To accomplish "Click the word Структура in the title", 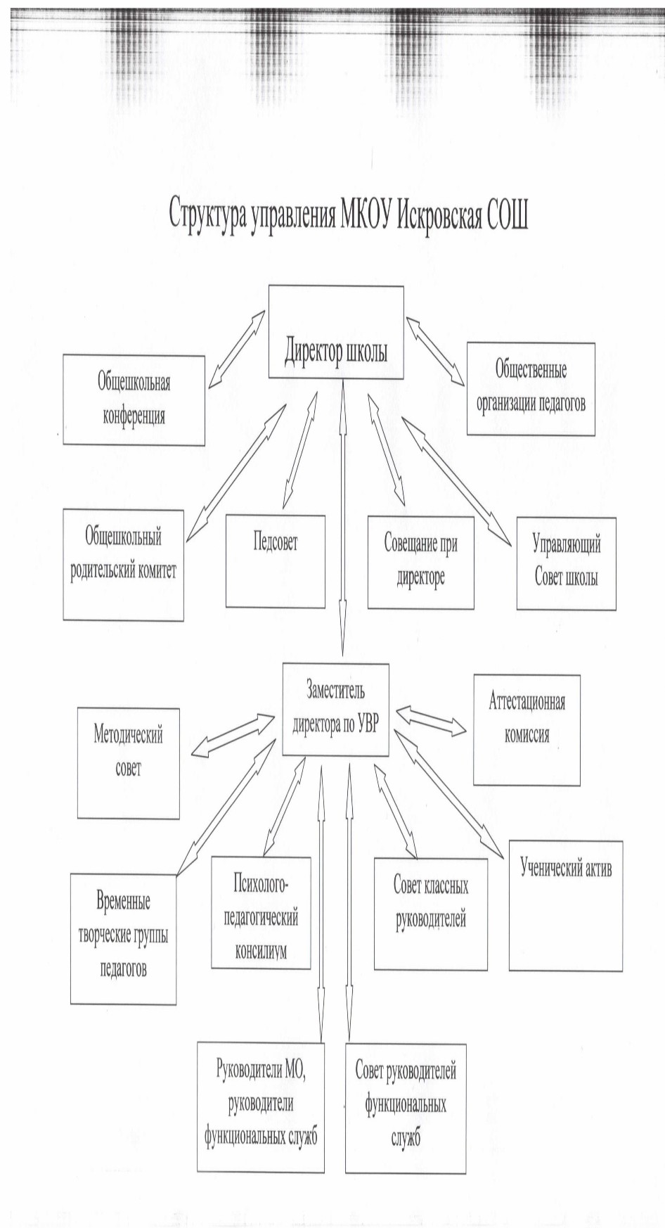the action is pos(207,213).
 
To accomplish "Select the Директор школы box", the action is pos(336,332).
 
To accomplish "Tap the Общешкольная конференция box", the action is pos(134,399).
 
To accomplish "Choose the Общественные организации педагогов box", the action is pos(531,389).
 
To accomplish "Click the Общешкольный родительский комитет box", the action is pos(123,565).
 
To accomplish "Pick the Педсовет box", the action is pos(276,561).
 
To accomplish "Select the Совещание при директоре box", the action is pos(420,562).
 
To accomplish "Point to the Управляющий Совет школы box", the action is pos(566,563).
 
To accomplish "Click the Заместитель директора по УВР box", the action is pos(335,709).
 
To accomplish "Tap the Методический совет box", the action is pos(128,763).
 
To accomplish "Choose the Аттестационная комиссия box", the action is pos(527,730).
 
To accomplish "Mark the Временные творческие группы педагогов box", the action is pos(123,939).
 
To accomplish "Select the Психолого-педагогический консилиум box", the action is pos(261,913).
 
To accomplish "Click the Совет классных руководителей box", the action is pos(430,914).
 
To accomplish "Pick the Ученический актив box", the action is pos(565,906).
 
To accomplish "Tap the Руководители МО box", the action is pos(261,1108).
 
